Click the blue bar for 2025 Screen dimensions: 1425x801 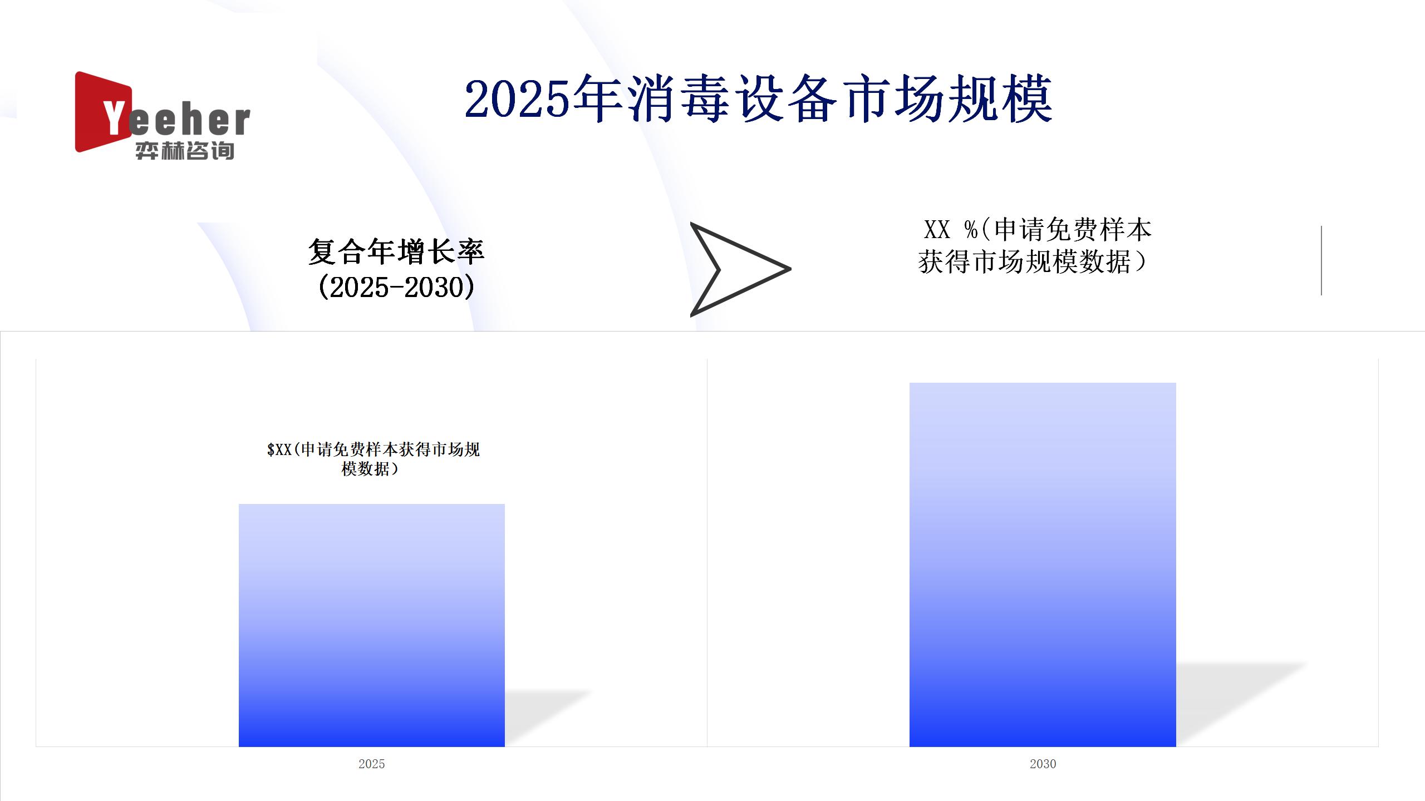(372, 625)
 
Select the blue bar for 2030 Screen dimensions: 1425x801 (1043, 565)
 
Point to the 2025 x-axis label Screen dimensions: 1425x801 (372, 764)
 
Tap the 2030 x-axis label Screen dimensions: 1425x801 (1043, 764)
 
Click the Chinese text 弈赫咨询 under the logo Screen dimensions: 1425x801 (185, 151)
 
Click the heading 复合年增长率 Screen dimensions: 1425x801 (396, 251)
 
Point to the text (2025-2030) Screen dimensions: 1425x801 (396, 287)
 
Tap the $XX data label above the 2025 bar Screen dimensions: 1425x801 (373, 459)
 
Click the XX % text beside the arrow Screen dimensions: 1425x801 (951, 229)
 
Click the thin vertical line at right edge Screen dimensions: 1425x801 (1321, 260)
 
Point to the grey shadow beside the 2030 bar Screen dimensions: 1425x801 (1236, 704)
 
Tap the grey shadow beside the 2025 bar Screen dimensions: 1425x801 (543, 718)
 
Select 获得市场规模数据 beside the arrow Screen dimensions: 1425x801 (1024, 262)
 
